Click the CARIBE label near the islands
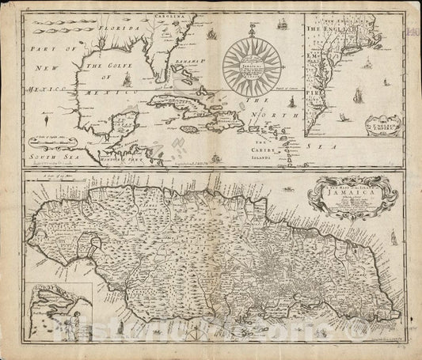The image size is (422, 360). click(x=273, y=146)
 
